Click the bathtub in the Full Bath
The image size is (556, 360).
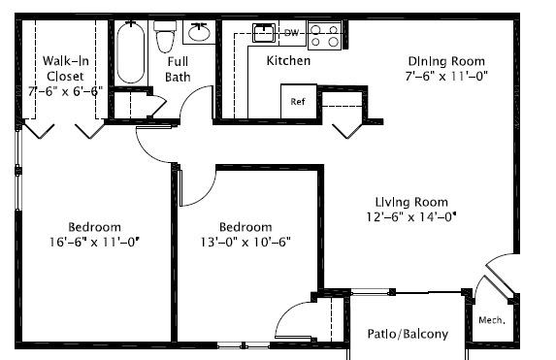(130, 52)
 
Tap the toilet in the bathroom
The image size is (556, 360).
(165, 36)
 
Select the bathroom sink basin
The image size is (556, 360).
(199, 32)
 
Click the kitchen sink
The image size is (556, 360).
(264, 33)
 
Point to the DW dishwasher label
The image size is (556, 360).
(291, 33)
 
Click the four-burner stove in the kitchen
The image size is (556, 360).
(324, 35)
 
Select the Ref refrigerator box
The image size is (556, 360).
(299, 101)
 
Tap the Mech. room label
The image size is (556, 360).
(491, 320)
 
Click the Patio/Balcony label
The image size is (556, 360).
(408, 334)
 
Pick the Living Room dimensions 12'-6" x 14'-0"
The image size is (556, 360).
(411, 216)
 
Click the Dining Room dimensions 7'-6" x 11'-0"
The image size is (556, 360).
(446, 76)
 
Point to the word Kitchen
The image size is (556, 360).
(288, 61)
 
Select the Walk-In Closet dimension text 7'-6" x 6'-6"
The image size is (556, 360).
(66, 91)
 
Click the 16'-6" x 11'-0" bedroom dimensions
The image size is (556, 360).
(94, 243)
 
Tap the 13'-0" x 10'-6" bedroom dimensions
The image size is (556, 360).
(245, 243)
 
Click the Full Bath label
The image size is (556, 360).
(178, 69)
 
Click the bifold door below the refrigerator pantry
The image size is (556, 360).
(347, 131)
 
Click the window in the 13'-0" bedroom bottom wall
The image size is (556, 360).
(244, 345)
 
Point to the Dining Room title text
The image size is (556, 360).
(446, 61)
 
